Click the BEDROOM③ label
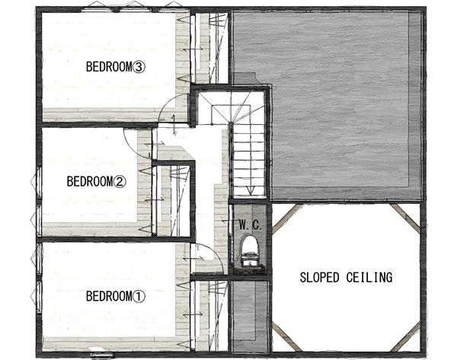click(115, 67)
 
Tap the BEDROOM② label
click(96, 181)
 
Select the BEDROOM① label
click(115, 297)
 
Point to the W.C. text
click(251, 225)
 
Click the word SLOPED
click(319, 277)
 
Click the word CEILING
click(369, 277)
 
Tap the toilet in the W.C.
click(251, 251)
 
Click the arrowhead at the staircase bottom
click(251, 190)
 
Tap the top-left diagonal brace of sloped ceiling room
click(286, 218)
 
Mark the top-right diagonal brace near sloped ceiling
click(405, 218)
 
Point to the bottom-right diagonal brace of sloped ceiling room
click(405, 336)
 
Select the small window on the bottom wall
click(102, 355)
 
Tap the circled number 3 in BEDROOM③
click(139, 67)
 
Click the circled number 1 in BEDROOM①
click(139, 297)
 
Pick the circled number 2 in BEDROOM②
click(120, 182)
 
